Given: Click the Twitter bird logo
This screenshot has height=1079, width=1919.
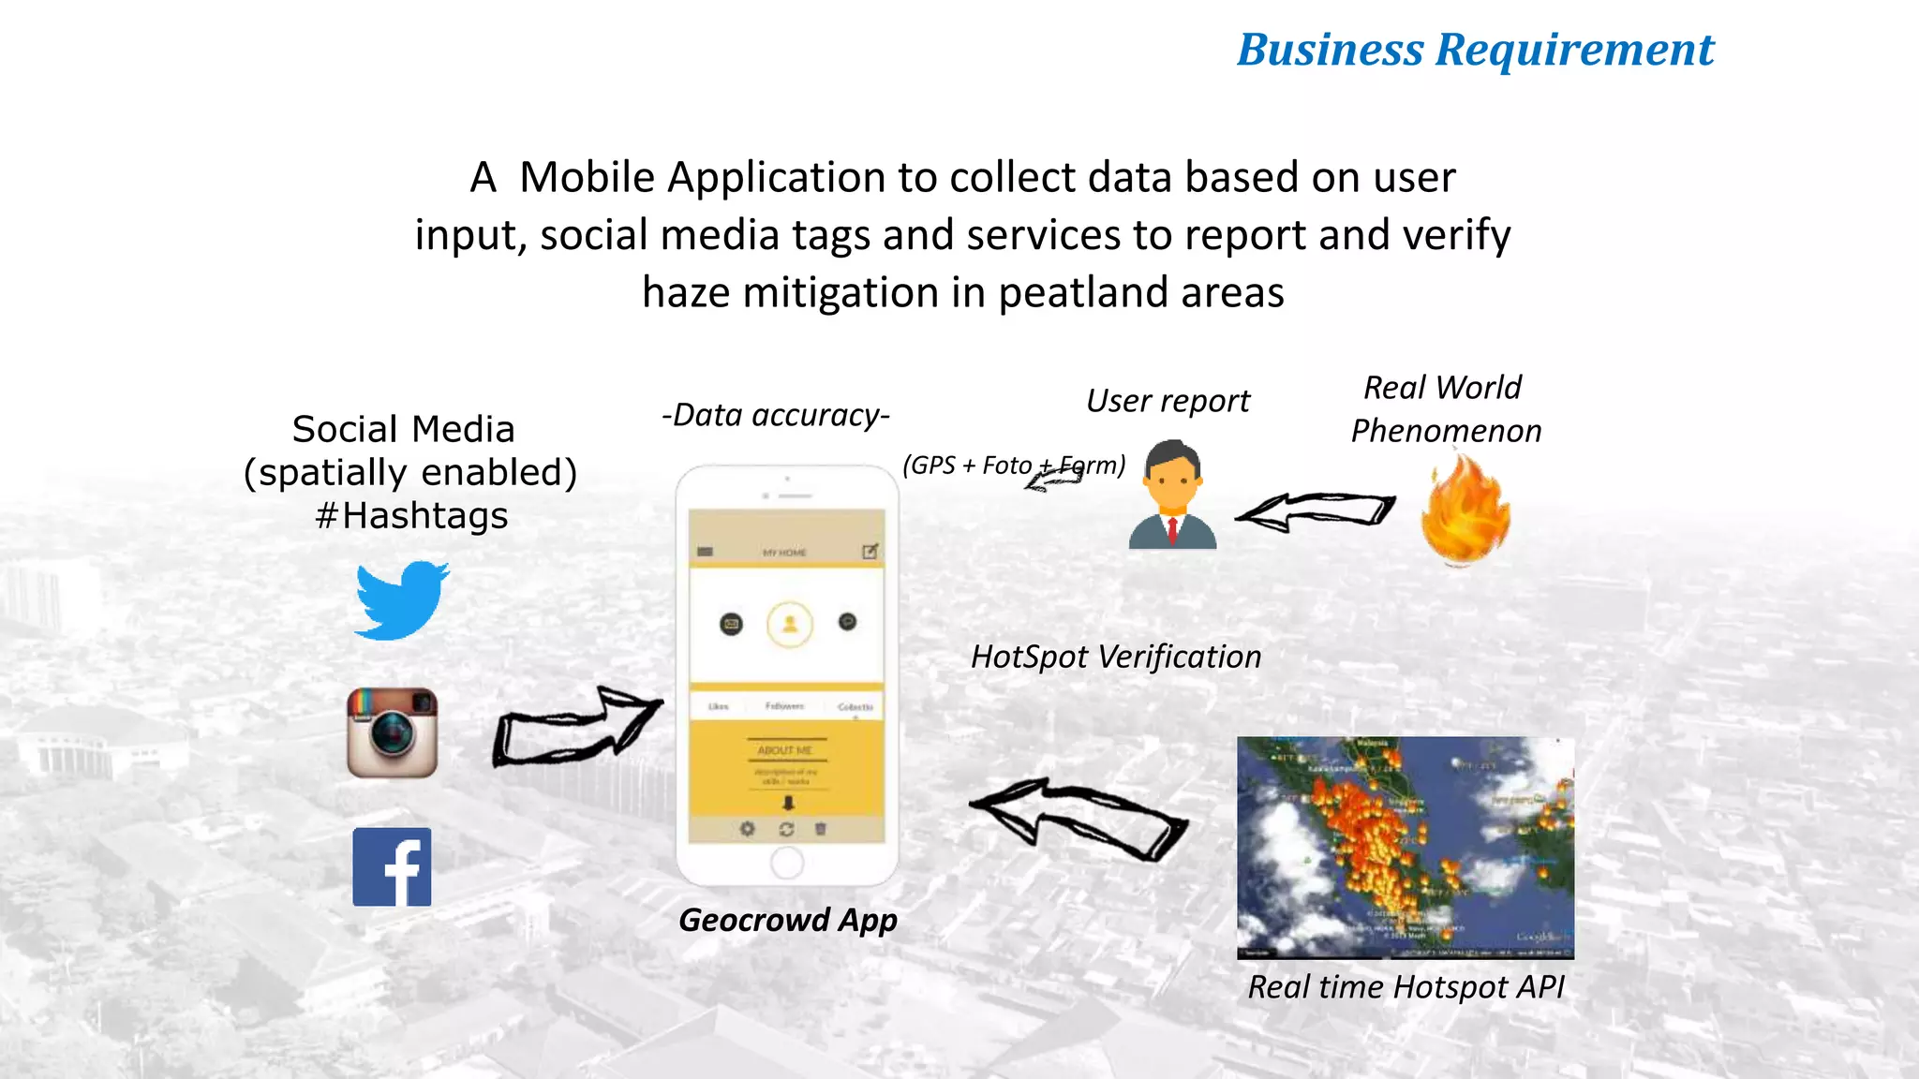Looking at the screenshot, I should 402,600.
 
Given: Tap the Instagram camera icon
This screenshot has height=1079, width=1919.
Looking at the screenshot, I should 393,732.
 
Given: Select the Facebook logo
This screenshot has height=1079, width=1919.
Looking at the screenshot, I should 392,866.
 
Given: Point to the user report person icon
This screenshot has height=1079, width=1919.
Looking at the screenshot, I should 1172,496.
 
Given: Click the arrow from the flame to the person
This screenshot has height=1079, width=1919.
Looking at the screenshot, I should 1316,511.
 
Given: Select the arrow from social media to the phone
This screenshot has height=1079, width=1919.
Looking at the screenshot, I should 575,727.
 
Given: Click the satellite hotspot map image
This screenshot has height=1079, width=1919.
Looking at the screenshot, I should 1406,847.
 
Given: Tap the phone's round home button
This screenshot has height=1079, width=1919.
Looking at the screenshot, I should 787,863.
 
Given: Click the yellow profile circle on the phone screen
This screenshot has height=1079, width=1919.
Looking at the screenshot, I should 790,624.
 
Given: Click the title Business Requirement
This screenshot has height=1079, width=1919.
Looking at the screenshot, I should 1475,50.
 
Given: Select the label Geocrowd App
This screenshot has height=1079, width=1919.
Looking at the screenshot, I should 788,920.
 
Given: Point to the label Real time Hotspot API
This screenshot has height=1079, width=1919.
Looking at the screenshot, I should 1406,987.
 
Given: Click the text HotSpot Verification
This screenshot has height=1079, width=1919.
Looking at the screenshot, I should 1116,657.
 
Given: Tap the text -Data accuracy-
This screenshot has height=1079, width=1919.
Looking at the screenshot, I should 775,415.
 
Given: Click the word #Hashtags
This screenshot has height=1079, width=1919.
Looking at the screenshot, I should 411,516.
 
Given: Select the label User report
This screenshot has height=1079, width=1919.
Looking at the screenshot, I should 1168,401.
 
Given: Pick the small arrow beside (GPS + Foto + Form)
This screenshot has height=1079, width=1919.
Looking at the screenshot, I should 1051,480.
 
